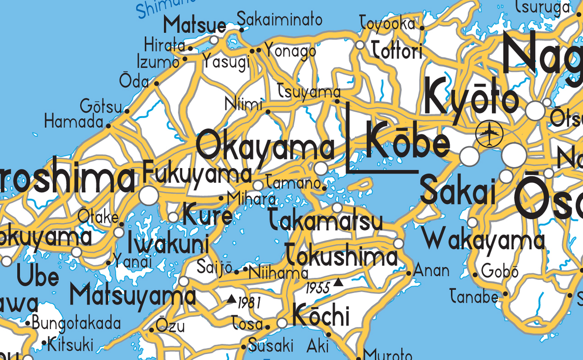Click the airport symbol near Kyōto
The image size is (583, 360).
tap(489, 133)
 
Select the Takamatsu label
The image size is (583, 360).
tap(325, 220)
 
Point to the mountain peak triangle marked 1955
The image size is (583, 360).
tap(338, 282)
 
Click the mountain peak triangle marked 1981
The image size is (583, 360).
tap(231, 299)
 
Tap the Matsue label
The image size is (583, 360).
tap(195, 25)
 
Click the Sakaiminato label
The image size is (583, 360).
tap(279, 19)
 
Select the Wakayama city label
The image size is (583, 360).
tap(484, 240)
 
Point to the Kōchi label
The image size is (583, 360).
tap(321, 315)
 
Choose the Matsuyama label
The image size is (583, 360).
tap(133, 295)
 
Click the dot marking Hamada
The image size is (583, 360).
tap(109, 125)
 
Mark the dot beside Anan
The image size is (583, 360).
tap(409, 273)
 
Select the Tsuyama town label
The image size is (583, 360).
tap(309, 92)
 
